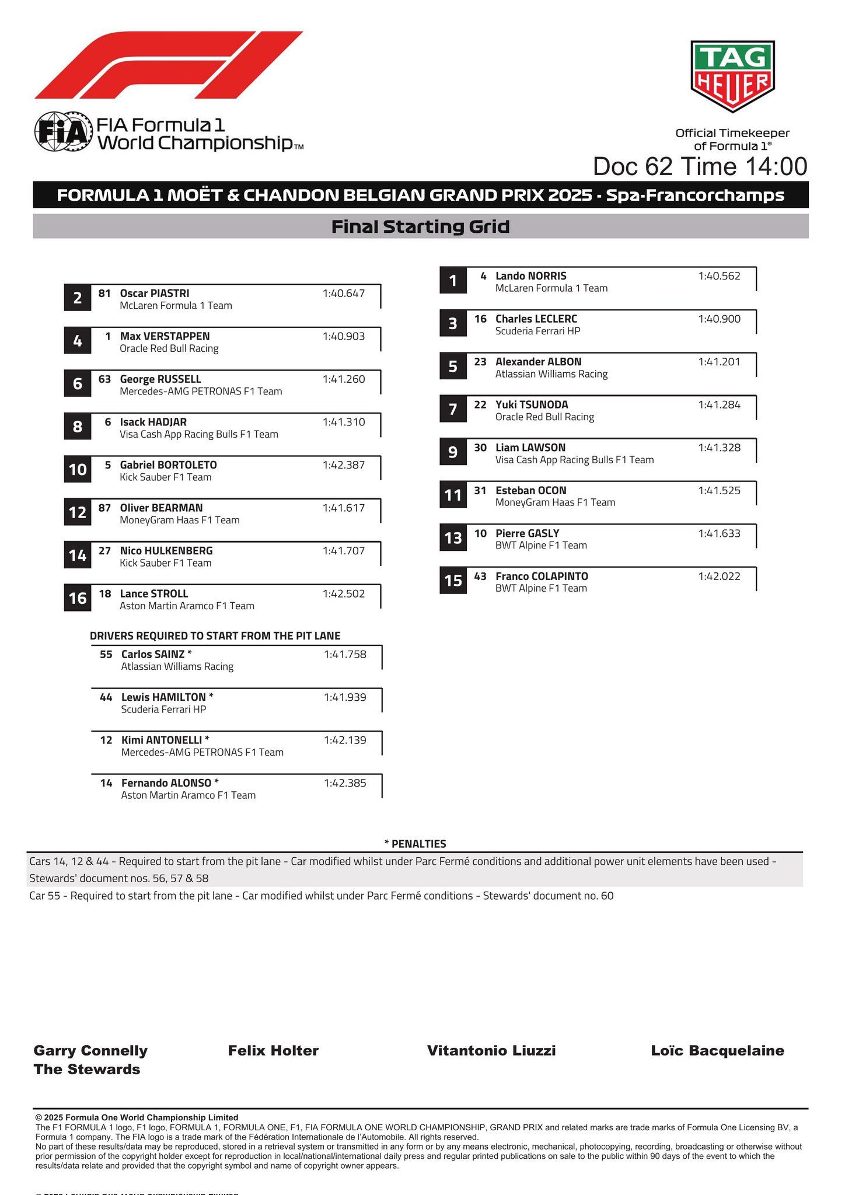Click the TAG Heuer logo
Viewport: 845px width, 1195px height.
pos(732,76)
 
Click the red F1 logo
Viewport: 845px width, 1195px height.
pos(169,65)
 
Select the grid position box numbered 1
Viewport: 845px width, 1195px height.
pos(453,281)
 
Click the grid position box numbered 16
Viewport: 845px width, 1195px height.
pos(78,598)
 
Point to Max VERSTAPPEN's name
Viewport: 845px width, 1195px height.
pos(165,336)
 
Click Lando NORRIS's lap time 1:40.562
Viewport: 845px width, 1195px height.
pos(719,276)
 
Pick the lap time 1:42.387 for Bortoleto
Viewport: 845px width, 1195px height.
pos(344,465)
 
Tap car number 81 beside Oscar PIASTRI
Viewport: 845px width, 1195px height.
pos(104,293)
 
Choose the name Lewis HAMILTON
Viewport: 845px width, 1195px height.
pos(163,697)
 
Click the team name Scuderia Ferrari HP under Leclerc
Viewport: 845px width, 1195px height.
pos(537,331)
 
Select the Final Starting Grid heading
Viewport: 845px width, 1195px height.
pos(420,226)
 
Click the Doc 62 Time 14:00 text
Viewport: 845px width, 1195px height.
pos(700,166)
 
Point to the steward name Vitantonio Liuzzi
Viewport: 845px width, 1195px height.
pos(491,1051)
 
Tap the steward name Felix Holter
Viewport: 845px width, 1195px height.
pos(273,1051)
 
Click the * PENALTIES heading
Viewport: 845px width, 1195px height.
pos(415,844)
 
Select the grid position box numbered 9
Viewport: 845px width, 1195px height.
pos(453,452)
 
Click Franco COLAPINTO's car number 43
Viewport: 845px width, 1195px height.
pos(480,576)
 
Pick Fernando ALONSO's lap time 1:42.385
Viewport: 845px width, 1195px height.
pos(345,783)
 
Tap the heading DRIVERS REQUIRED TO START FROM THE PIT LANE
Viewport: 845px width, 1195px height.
pos(215,636)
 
